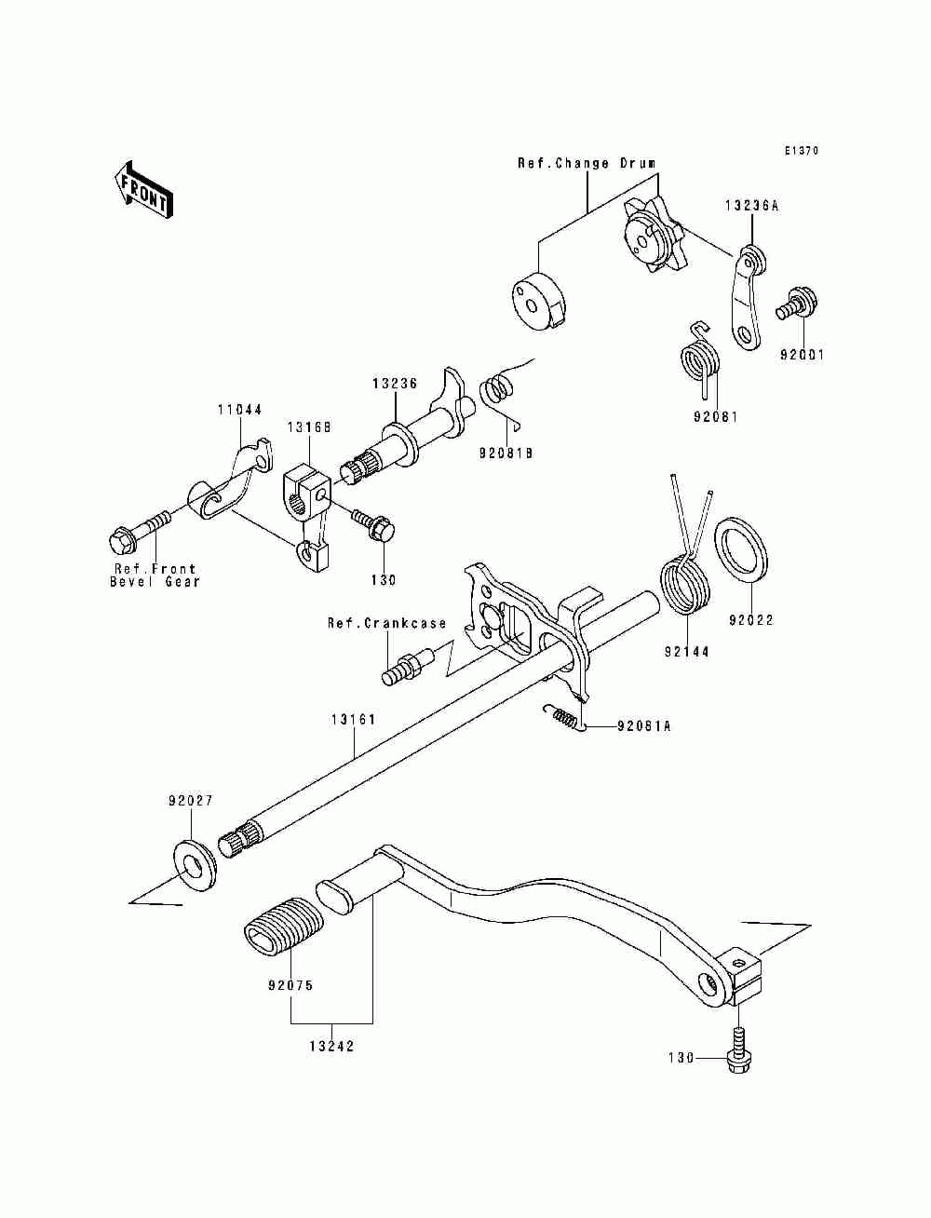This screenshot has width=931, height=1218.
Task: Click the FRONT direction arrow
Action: [x=143, y=193]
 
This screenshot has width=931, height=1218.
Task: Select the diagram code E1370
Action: [x=802, y=150]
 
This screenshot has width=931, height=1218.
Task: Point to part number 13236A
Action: [x=751, y=206]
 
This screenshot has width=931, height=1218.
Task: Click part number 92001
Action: [x=802, y=355]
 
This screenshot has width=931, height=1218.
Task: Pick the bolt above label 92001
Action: [x=797, y=303]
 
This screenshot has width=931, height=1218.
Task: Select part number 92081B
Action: [x=506, y=453]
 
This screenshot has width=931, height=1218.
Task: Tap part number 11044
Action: [x=239, y=410]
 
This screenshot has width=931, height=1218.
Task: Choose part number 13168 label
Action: [x=309, y=427]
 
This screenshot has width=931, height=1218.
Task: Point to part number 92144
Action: [x=687, y=653]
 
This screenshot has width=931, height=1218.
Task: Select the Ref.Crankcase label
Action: [x=386, y=623]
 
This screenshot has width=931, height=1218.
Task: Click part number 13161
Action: [x=354, y=720]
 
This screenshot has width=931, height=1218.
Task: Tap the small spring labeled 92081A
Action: [x=562, y=719]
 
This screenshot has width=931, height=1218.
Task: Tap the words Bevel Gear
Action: [x=155, y=582]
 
